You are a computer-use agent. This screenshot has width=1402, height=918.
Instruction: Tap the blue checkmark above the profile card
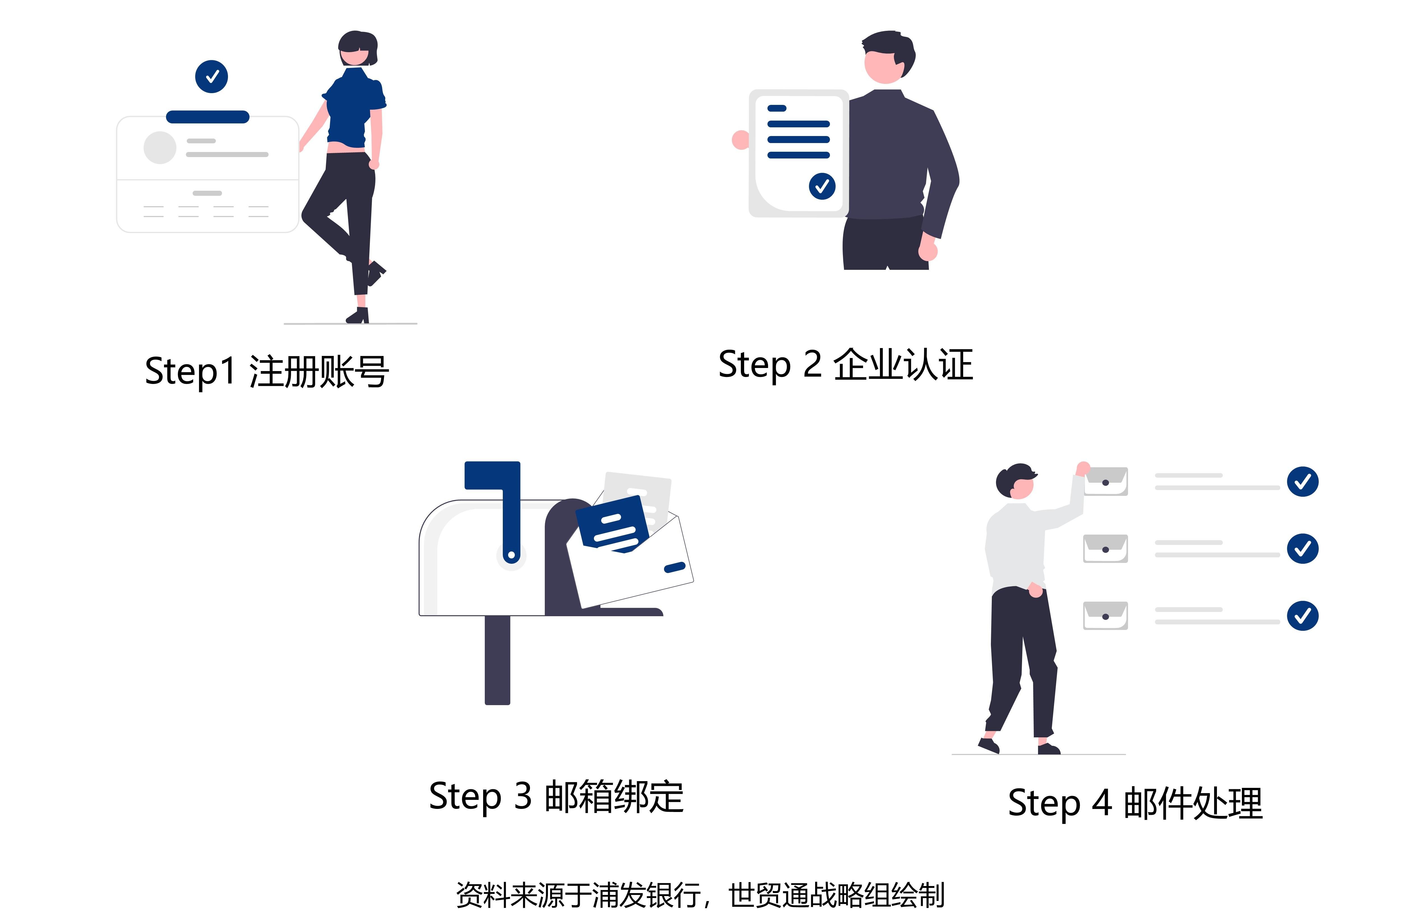pos(211,77)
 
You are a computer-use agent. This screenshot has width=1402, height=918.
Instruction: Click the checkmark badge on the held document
pos(822,186)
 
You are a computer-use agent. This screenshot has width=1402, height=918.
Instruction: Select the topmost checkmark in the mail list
pos(1302,481)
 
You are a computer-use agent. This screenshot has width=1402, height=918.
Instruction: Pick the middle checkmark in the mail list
pos(1302,549)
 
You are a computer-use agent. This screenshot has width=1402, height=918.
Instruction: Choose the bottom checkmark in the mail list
pos(1302,616)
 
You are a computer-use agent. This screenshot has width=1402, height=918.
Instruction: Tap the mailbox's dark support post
pos(497,660)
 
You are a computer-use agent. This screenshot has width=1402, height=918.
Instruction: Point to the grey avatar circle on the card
pos(160,147)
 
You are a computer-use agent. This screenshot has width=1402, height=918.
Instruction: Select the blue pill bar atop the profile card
pos(207,117)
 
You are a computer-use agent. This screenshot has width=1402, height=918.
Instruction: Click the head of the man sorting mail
pos(1016,482)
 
